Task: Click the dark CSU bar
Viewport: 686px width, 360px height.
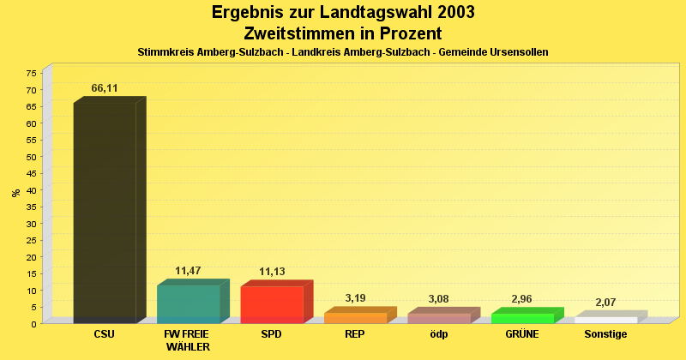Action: [105, 213]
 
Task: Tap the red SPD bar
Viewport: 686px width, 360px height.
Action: [272, 304]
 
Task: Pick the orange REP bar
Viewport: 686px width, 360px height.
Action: [355, 318]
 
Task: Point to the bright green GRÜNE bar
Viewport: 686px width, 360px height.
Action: [522, 318]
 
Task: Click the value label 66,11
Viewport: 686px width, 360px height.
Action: [105, 88]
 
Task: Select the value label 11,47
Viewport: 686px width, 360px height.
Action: [188, 271]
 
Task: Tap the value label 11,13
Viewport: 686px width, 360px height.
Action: [272, 272]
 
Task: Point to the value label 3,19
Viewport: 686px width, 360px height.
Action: [355, 298]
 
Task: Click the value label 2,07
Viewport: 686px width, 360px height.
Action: [606, 303]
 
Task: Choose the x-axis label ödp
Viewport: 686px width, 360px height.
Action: [439, 334]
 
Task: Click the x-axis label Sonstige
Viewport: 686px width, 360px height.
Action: [606, 334]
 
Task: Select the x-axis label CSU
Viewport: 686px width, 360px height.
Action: [105, 334]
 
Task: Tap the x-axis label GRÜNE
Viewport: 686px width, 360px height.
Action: [522, 334]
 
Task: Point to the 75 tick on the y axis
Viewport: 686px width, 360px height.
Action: [32, 74]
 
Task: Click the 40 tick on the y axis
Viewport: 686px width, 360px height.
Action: [32, 190]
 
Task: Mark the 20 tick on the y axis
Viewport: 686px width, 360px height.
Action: [32, 257]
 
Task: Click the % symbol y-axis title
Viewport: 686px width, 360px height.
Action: [16, 193]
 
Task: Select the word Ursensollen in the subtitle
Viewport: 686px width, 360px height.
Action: [518, 52]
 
